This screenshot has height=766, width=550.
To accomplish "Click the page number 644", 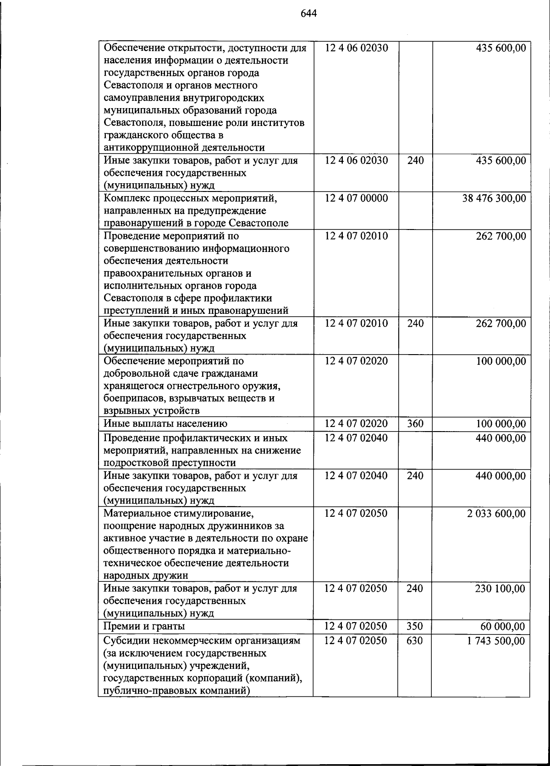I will (309, 13).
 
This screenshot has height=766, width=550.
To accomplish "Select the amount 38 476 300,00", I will (494, 198).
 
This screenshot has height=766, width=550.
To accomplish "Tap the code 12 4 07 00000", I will (356, 198).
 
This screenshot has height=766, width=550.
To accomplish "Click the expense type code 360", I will (415, 424).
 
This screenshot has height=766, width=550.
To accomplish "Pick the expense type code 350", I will (415, 626).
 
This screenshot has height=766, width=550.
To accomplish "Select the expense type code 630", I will (415, 641).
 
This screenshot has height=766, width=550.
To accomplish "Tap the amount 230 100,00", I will (500, 589).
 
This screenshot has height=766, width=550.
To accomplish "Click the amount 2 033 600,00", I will (496, 514).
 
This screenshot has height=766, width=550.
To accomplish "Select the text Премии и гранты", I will (144, 626).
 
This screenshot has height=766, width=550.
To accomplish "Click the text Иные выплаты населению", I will (165, 424).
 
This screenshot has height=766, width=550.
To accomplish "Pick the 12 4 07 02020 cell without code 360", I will (356, 361).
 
